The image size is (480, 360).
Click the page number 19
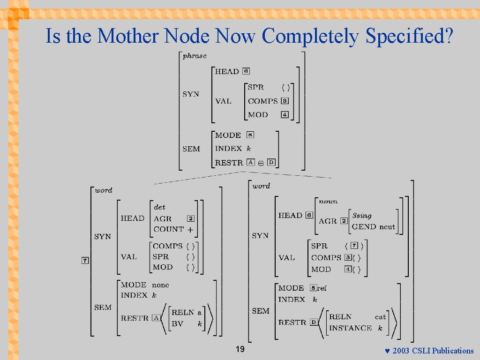coord(240,349)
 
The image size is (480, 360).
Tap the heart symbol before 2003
coord(387,351)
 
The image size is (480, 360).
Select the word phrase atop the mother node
coord(195,56)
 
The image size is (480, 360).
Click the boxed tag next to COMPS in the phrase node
coord(285,101)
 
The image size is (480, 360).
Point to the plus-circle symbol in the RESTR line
coord(261,164)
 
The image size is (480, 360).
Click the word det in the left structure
coord(159,207)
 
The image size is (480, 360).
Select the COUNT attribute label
coord(168,229)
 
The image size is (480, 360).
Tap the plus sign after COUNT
coord(190,229)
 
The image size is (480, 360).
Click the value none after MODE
coord(160,285)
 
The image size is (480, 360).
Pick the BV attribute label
coord(177,323)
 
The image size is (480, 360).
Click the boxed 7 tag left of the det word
coord(85,261)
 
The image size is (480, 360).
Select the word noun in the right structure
coord(328,201)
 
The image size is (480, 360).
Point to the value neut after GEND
coord(387,227)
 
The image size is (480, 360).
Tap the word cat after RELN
coord(380,317)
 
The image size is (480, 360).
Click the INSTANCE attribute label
coord(350,328)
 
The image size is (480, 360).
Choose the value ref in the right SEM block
coord(322,288)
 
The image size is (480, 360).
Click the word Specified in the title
coord(409,36)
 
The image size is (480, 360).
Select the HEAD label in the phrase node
coord(227,71)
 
